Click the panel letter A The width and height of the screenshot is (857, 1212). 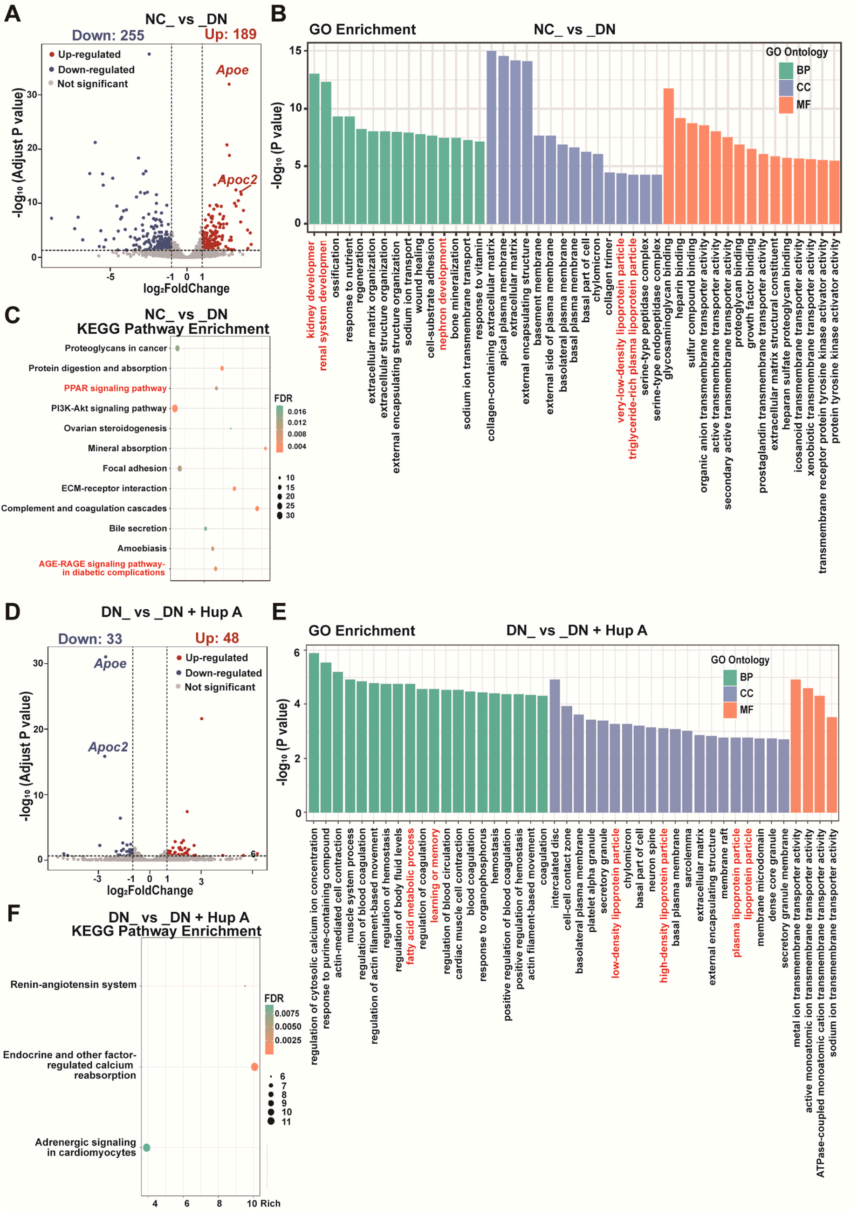(x=12, y=13)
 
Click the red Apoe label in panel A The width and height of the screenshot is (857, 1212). (x=232, y=70)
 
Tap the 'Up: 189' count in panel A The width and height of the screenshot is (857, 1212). (x=231, y=34)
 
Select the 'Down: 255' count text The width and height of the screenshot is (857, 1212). (x=108, y=35)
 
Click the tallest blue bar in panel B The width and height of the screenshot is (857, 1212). (x=491, y=137)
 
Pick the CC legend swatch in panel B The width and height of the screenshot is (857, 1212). (x=786, y=88)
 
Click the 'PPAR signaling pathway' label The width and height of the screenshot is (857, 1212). (x=115, y=388)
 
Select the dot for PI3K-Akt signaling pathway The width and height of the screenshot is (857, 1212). (x=175, y=408)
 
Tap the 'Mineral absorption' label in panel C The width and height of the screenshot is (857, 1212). (x=127, y=448)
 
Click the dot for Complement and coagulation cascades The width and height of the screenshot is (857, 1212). (x=257, y=509)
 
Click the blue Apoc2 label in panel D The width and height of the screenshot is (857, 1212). (x=108, y=747)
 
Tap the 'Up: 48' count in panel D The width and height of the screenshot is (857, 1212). (x=217, y=638)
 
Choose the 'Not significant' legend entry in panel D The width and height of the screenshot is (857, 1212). (x=219, y=687)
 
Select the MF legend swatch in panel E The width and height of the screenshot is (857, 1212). (x=730, y=710)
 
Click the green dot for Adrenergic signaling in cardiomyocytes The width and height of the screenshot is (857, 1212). (x=147, y=1148)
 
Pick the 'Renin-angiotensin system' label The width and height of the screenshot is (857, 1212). (x=73, y=985)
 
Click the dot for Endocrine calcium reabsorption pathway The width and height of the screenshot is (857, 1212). (x=254, y=1067)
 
